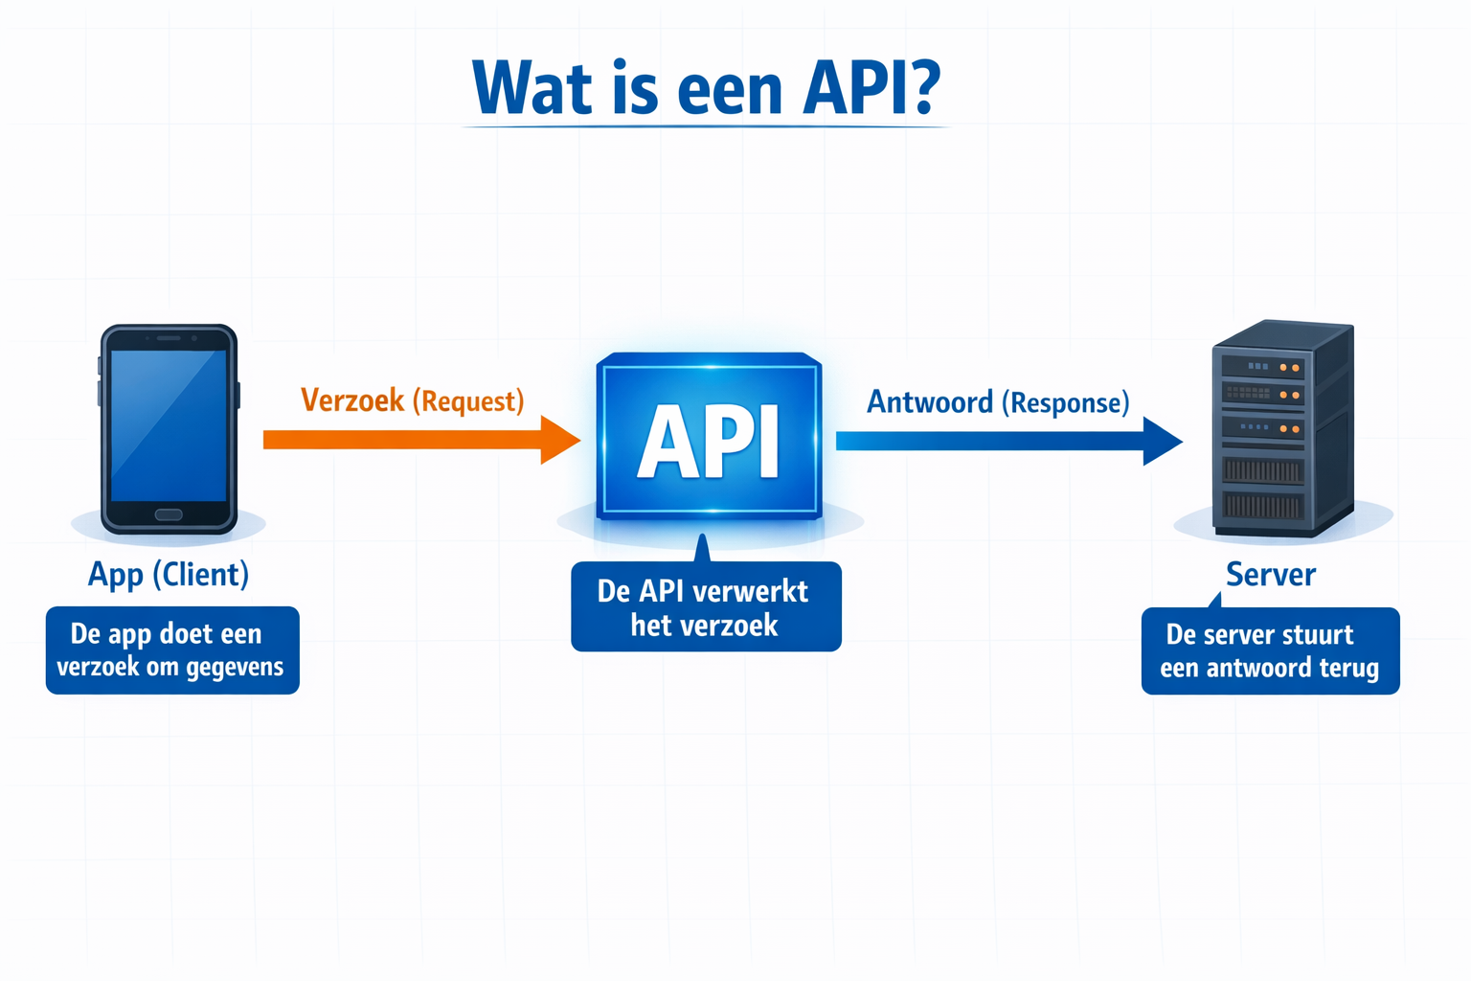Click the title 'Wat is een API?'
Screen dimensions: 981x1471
click(706, 88)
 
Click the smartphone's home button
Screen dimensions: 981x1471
click(169, 514)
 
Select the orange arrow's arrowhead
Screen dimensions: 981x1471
click(560, 440)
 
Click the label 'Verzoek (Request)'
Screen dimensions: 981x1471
click(413, 400)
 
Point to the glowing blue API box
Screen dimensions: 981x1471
click(709, 437)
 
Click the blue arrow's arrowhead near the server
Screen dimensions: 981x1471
click(1162, 441)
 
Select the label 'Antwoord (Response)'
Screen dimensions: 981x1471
click(998, 402)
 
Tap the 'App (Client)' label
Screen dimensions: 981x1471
click(169, 574)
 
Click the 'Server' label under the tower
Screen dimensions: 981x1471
click(1271, 574)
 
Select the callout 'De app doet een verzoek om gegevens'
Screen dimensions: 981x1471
click(172, 650)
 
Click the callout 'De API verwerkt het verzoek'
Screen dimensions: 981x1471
click(706, 607)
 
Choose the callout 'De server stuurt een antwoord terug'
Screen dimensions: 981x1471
click(1270, 651)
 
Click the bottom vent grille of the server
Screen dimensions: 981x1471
click(1262, 505)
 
